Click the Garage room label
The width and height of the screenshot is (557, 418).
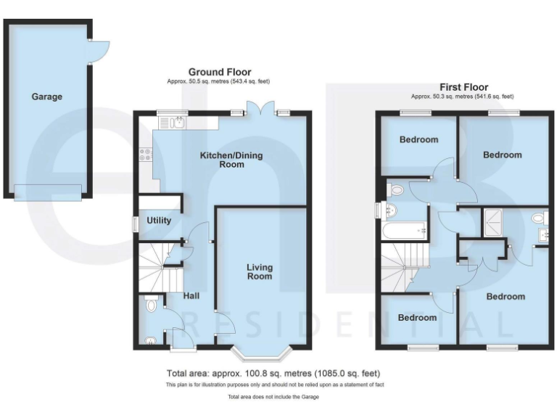pos(46,97)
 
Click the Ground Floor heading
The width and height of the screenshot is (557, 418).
pos(220,72)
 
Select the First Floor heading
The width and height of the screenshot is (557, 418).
pos(463,87)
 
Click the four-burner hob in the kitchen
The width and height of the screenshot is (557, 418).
pos(145,154)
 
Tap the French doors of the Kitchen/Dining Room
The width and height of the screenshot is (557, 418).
pos(260,109)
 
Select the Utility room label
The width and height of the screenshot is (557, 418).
pos(159,220)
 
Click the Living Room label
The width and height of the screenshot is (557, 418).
pos(259,271)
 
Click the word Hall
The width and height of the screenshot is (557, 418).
pos(191,295)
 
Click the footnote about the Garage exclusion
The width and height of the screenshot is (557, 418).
pos(273,397)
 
